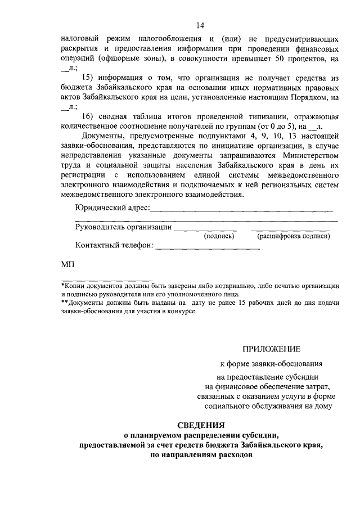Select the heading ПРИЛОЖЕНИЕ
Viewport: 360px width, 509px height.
[x=272, y=349]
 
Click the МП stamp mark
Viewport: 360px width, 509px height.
[x=66, y=264]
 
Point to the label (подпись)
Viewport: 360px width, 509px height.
[x=219, y=236]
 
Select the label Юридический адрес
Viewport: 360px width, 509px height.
[x=111, y=209]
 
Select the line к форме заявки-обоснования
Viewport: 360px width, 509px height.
[x=271, y=364]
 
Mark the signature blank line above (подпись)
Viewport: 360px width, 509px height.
[x=206, y=229]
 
